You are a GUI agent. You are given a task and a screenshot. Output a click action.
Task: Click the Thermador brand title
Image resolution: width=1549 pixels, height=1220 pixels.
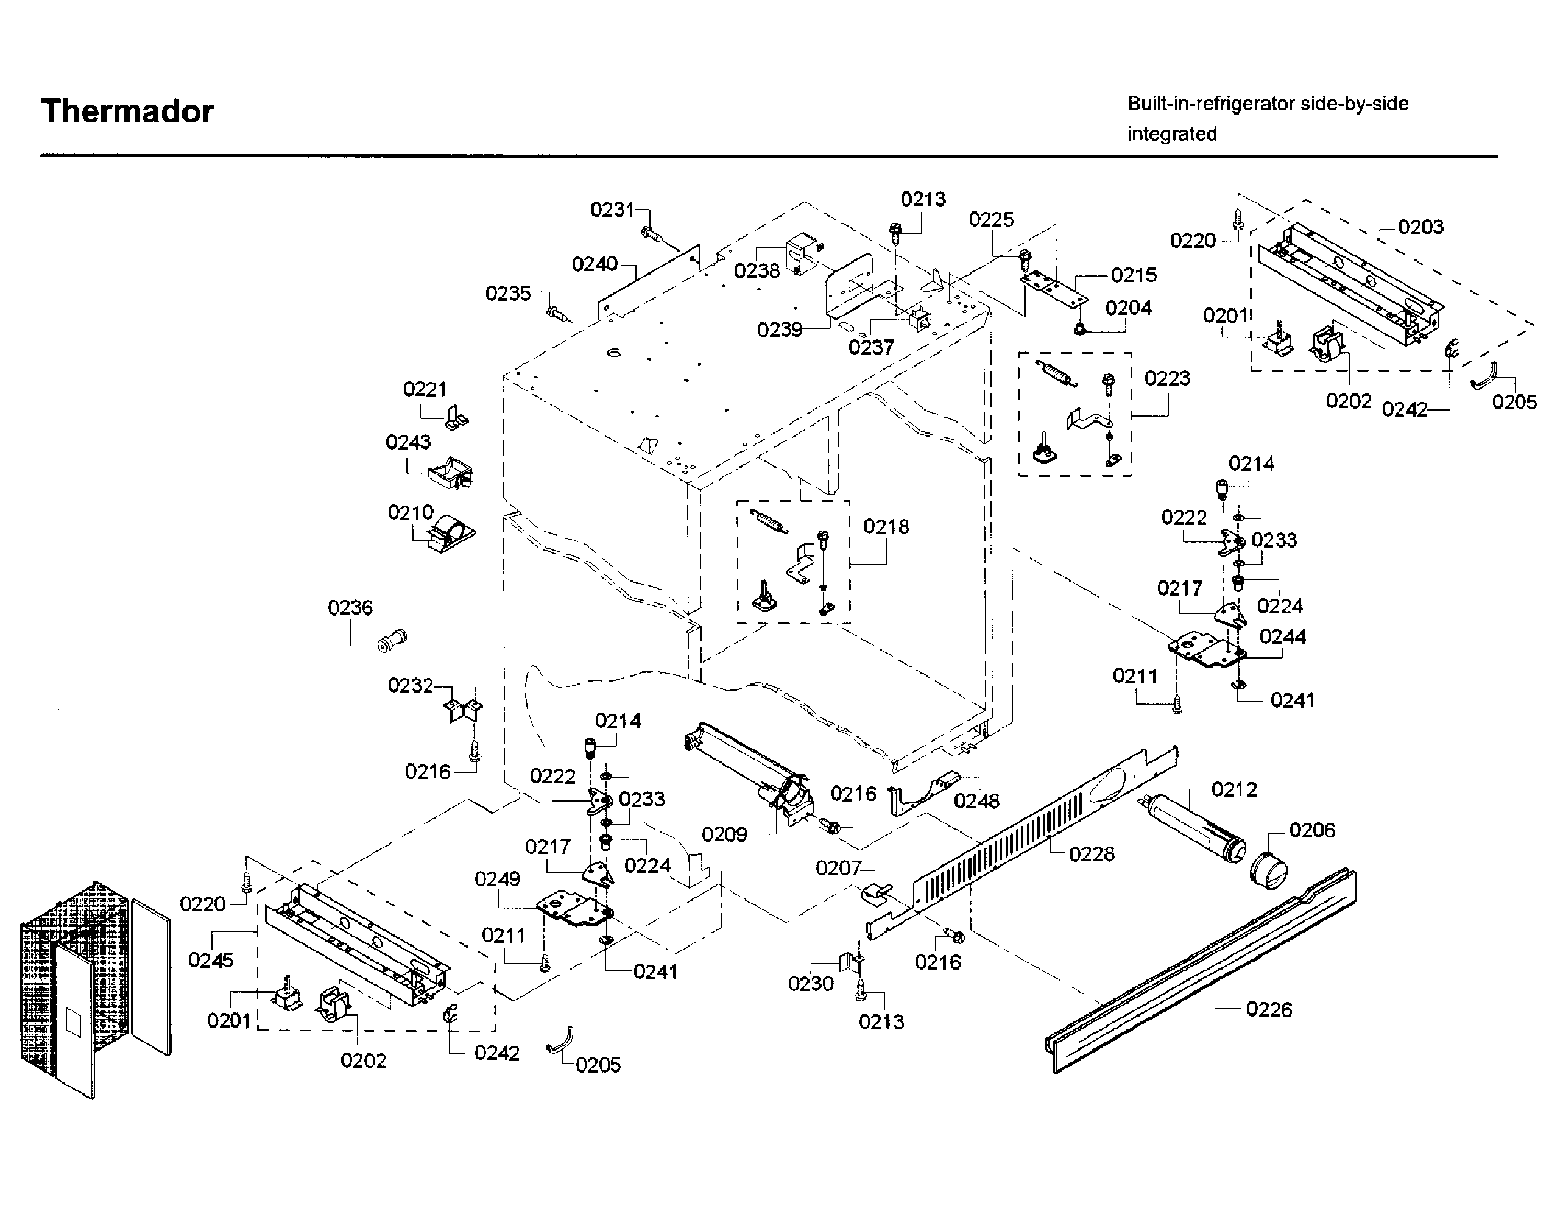click(x=127, y=111)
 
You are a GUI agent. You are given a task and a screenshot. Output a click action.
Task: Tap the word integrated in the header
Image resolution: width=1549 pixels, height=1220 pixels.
click(x=1172, y=133)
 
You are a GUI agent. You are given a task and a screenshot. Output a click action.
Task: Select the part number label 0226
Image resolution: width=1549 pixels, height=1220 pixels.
click(x=1269, y=1009)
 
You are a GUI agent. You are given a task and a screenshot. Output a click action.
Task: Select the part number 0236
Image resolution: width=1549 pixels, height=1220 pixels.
click(x=350, y=608)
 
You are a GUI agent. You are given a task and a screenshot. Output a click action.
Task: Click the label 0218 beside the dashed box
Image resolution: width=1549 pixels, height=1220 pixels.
click(x=886, y=526)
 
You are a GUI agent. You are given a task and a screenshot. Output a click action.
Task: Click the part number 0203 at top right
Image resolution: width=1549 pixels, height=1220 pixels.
click(x=1420, y=227)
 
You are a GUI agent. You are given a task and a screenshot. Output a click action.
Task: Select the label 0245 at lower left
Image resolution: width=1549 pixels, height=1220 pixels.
click(x=211, y=960)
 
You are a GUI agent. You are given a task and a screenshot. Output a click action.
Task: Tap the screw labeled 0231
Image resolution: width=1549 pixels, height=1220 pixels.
click(x=652, y=231)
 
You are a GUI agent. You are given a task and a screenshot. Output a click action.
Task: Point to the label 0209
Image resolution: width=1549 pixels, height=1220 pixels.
click(x=724, y=834)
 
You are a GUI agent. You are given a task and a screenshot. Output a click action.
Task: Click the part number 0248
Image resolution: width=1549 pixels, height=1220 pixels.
click(x=976, y=801)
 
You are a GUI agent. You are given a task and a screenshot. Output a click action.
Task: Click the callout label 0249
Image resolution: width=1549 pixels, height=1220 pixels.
click(x=497, y=880)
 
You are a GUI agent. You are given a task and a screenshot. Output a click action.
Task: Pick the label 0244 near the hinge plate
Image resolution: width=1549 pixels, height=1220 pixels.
click(x=1283, y=636)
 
